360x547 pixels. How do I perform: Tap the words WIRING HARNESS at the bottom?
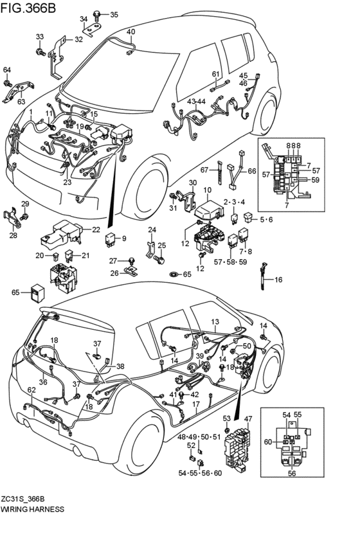[x=32, y=508]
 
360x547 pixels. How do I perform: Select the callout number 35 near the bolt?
[x=114, y=14]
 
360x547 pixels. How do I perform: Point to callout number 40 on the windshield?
[x=130, y=31]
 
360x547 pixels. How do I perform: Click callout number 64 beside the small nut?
[x=7, y=69]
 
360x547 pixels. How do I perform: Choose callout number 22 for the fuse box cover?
[x=96, y=229]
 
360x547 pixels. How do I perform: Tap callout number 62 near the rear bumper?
[x=32, y=390]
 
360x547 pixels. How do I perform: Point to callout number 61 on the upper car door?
[x=216, y=74]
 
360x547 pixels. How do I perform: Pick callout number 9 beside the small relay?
[x=123, y=238]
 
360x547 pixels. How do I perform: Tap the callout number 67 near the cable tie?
[x=204, y=169]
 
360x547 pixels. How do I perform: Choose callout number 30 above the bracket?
[x=192, y=184]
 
